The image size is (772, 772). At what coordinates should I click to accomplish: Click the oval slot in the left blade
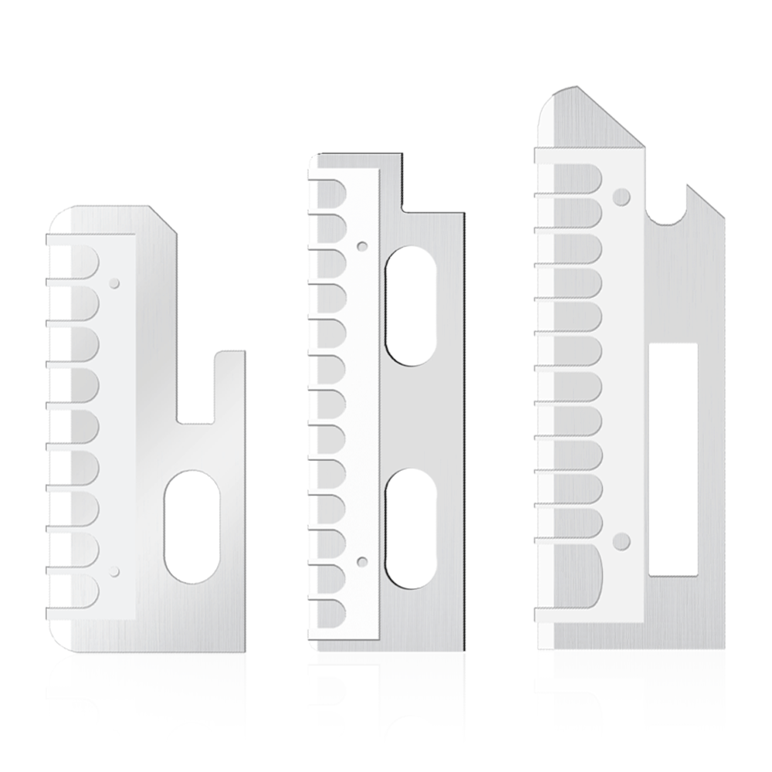tap(192, 528)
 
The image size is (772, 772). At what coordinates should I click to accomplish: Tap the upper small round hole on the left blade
tap(114, 283)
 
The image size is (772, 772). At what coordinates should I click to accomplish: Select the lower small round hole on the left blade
tap(114, 571)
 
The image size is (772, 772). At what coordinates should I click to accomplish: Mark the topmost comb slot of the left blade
tap(77, 261)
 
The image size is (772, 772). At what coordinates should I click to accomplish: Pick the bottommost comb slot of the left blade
tap(77, 591)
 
